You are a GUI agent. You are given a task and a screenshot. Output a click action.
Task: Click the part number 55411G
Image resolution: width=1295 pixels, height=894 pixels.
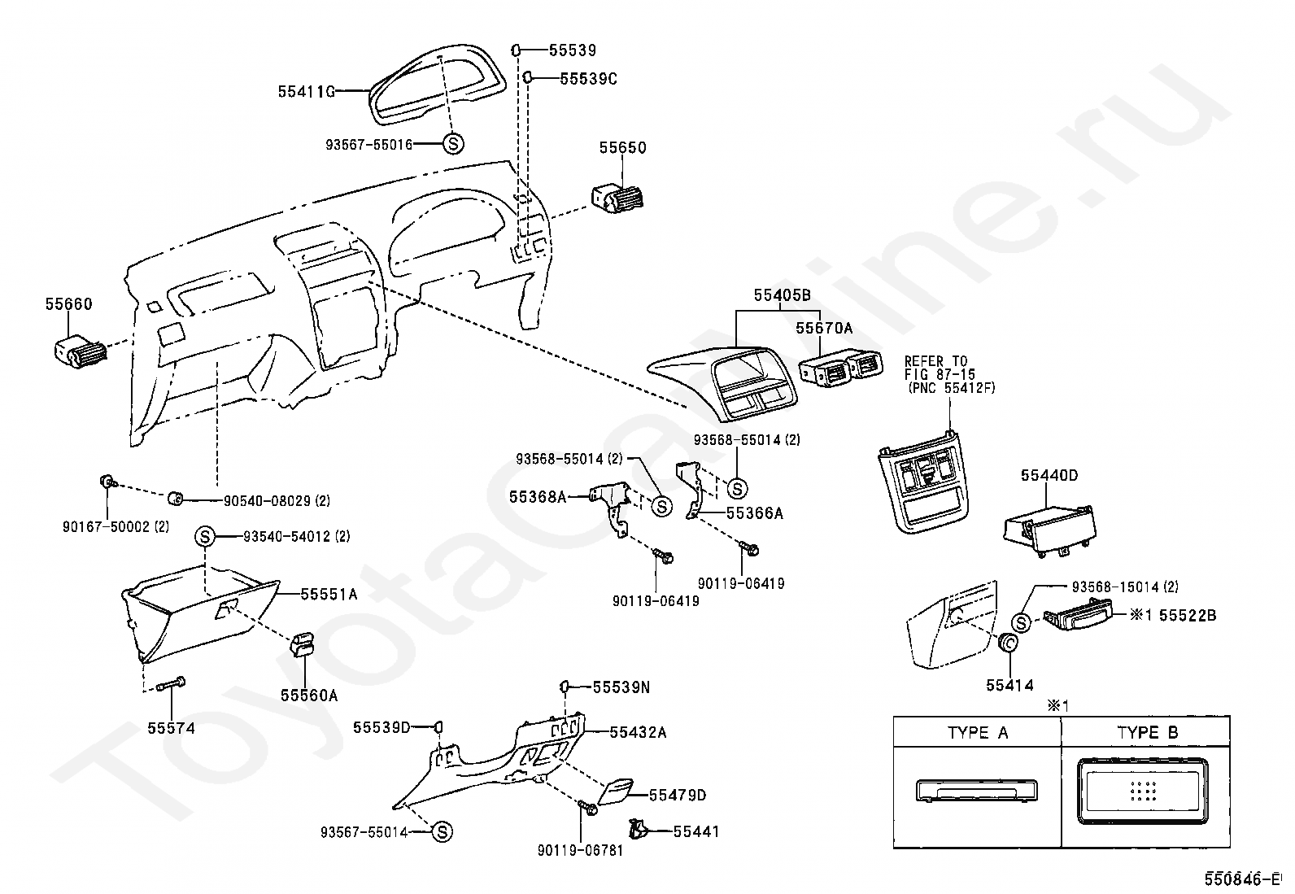pos(307,91)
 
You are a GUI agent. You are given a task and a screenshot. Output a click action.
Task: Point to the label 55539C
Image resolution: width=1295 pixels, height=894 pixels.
pos(589,79)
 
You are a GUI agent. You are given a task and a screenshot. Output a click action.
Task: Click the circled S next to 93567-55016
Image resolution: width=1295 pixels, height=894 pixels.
pos(453,143)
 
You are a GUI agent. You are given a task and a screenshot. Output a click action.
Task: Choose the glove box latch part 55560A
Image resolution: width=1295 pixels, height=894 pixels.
pos(304,644)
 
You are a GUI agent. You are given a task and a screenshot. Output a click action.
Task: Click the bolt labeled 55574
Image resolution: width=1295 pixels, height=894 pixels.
pos(171,685)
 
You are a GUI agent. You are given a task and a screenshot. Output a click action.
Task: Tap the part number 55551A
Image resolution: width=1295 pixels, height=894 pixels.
pos(329,594)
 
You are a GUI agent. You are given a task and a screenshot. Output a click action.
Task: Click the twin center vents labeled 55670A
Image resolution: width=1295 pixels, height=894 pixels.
pos(841,368)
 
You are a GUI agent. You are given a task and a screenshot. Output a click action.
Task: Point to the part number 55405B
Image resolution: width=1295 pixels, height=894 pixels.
pos(783,295)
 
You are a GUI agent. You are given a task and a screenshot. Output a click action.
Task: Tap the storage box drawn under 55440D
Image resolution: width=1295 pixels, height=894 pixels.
pos(1049,530)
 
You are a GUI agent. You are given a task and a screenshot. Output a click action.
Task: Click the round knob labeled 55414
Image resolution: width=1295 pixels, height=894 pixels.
pos(1008,642)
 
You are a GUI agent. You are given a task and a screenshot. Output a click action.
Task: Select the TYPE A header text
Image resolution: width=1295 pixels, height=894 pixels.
pos(978,733)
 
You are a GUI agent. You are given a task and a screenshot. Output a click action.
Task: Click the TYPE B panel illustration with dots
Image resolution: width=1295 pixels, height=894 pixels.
pos(1142,791)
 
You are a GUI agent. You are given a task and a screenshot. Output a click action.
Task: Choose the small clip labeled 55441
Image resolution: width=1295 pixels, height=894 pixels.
pos(638,829)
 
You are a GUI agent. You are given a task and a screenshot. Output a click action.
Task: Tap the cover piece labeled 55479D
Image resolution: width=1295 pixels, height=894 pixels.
pos(614,792)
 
